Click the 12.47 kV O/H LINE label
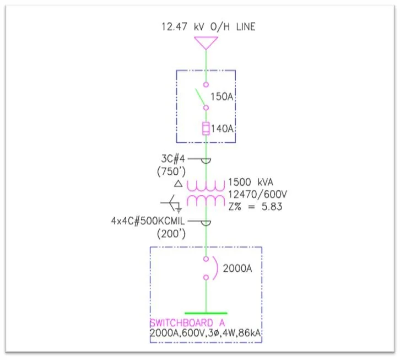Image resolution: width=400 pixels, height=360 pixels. click(208, 26)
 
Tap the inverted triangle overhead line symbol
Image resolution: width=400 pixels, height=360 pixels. click(206, 42)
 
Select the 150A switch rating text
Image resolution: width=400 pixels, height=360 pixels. click(222, 97)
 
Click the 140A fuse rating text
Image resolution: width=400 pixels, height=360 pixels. click(223, 129)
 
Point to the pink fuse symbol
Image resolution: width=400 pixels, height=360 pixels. click(206, 129)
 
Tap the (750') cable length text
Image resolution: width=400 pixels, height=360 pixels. click(172, 171)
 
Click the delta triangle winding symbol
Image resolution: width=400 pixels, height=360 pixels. click(177, 183)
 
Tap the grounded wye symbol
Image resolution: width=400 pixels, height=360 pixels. click(174, 204)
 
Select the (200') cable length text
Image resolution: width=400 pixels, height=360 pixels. click(172, 233)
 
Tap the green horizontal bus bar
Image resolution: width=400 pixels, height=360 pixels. click(206, 313)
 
